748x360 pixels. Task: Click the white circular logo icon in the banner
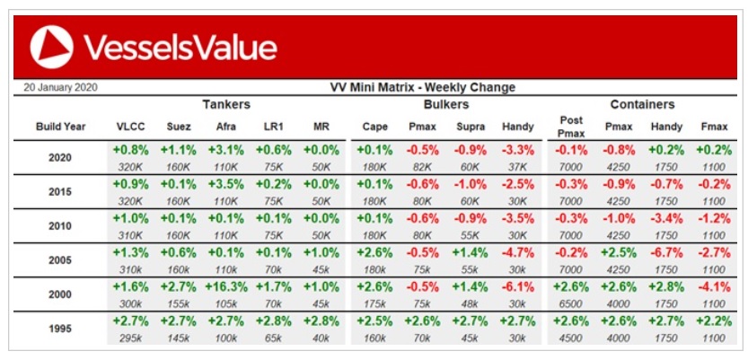(51, 48)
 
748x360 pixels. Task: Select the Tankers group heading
(226, 104)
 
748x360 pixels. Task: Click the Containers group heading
(643, 104)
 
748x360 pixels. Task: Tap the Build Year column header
(61, 127)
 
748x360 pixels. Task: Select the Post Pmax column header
(571, 127)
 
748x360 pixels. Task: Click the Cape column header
(374, 127)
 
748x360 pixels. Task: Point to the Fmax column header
(713, 127)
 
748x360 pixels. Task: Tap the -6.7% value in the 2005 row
(666, 252)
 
